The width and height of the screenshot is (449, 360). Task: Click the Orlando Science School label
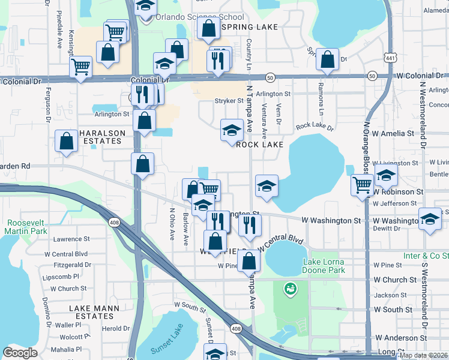[x=191, y=17]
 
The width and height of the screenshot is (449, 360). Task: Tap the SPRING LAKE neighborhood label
[x=249, y=27]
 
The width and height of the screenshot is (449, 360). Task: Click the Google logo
[x=20, y=353]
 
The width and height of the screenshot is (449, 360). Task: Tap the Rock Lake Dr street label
[x=318, y=127]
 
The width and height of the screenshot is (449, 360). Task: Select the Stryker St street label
[x=228, y=101]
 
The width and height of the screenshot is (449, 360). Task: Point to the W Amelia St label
[x=393, y=133]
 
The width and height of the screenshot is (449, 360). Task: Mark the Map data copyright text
[x=423, y=355]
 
